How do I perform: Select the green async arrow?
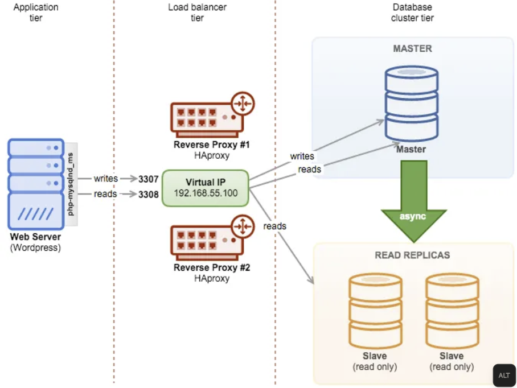[413, 199]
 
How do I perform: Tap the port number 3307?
[149, 179]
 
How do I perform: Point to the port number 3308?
[149, 194]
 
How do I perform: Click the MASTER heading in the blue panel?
[412, 49]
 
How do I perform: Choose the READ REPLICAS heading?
[412, 255]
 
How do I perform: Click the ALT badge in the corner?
[504, 375]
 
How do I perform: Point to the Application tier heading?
[35, 13]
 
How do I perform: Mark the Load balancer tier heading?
[196, 13]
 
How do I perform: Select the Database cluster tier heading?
[412, 13]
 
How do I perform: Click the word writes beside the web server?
[106, 179]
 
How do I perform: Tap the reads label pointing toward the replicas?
[275, 226]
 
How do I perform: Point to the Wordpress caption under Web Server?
[35, 247]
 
